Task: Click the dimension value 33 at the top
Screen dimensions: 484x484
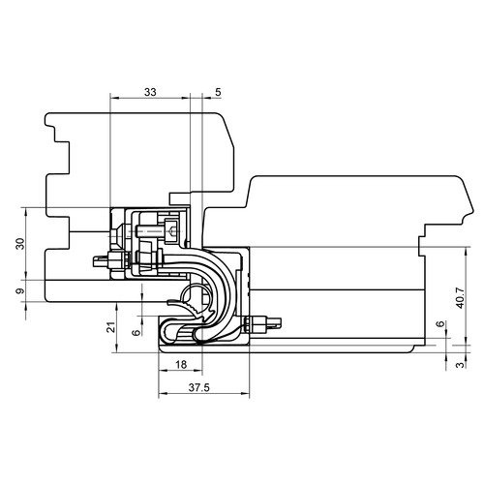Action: click(150, 92)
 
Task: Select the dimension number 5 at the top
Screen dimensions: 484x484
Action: click(218, 92)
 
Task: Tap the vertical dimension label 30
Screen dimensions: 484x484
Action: click(20, 244)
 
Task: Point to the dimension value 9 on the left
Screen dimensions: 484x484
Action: click(20, 291)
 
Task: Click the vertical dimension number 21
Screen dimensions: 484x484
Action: click(111, 327)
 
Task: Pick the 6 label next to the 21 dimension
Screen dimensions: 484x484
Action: click(136, 332)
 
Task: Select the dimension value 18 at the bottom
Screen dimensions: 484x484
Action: click(181, 365)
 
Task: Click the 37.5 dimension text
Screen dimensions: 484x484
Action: click(199, 387)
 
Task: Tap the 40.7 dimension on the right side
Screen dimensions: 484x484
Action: click(460, 297)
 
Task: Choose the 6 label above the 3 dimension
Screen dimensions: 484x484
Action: click(440, 324)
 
